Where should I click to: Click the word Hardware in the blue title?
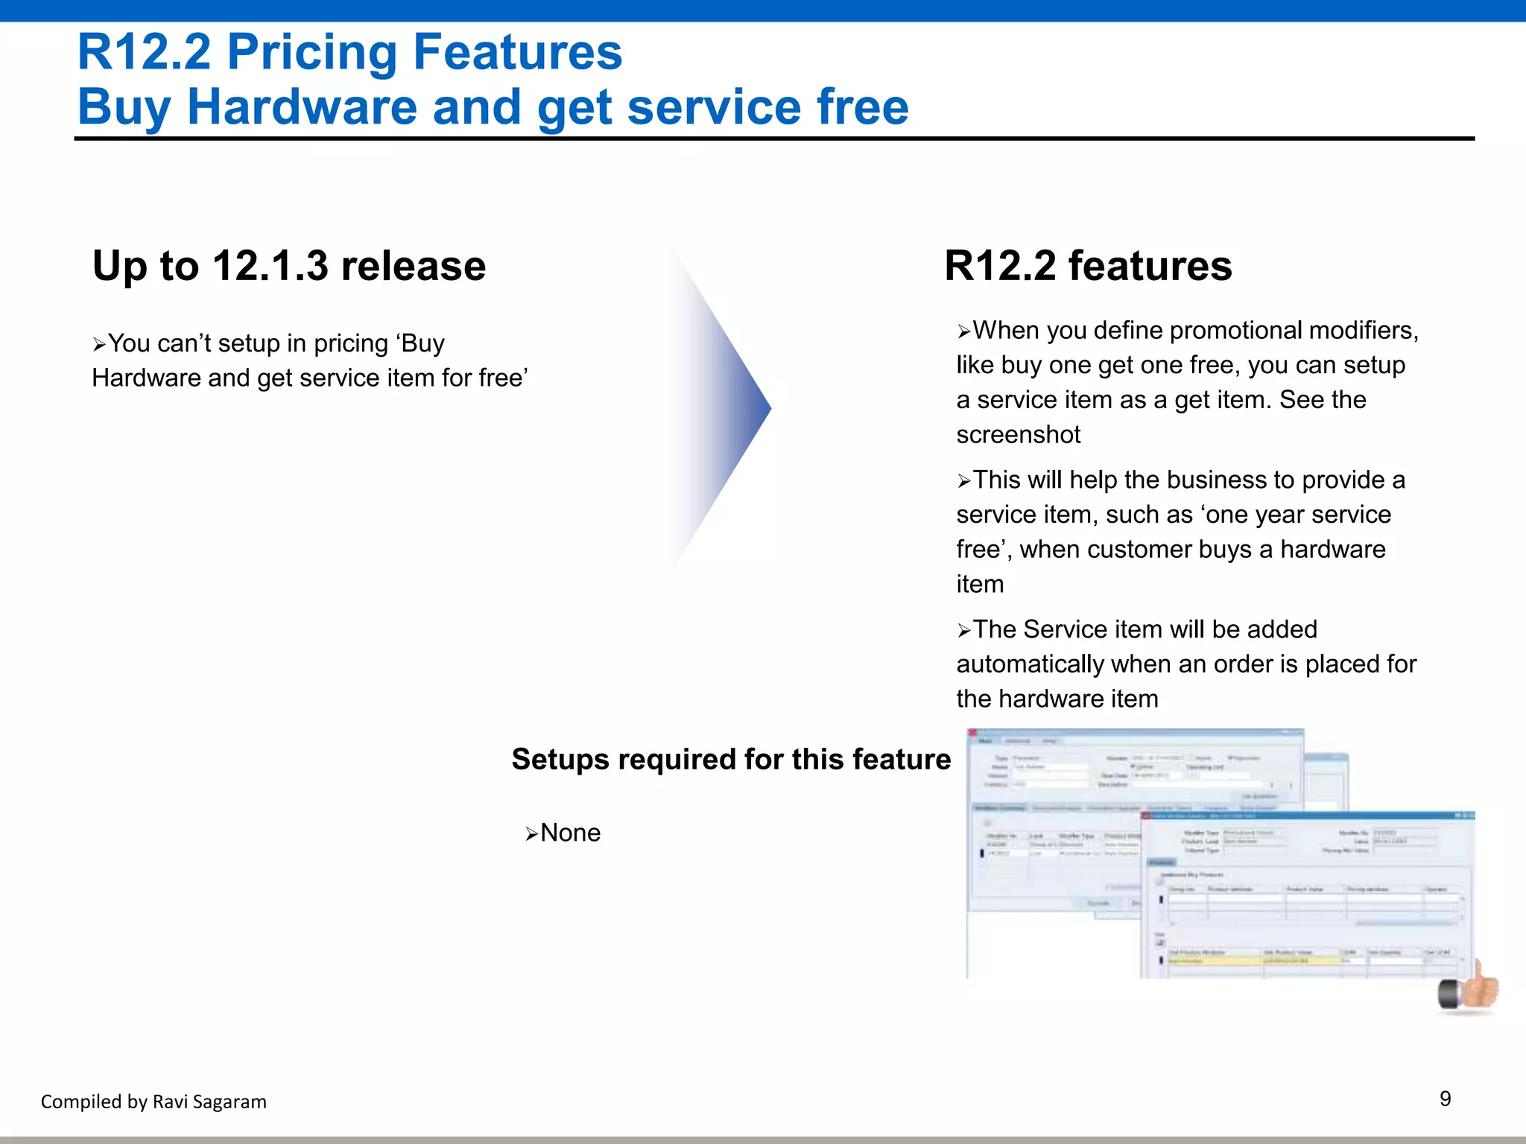[302, 107]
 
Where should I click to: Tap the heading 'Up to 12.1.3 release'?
[289, 266]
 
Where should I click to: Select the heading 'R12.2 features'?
[1088, 266]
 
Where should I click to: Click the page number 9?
[1445, 1099]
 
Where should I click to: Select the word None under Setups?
[570, 833]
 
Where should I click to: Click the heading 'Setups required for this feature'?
[731, 759]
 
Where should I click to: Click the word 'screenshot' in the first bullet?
[1018, 434]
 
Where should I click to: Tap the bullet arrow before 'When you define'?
[964, 331]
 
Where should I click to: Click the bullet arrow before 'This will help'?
[964, 481]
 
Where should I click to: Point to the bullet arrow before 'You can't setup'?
[99, 345]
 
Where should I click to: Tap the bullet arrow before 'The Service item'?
[964, 631]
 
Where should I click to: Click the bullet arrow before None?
[531, 834]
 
